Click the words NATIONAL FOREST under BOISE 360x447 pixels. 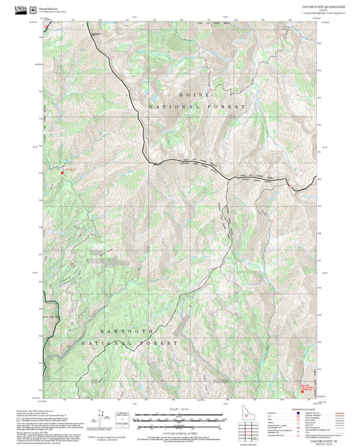coord(197,107)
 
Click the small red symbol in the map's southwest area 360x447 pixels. coord(68,347)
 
